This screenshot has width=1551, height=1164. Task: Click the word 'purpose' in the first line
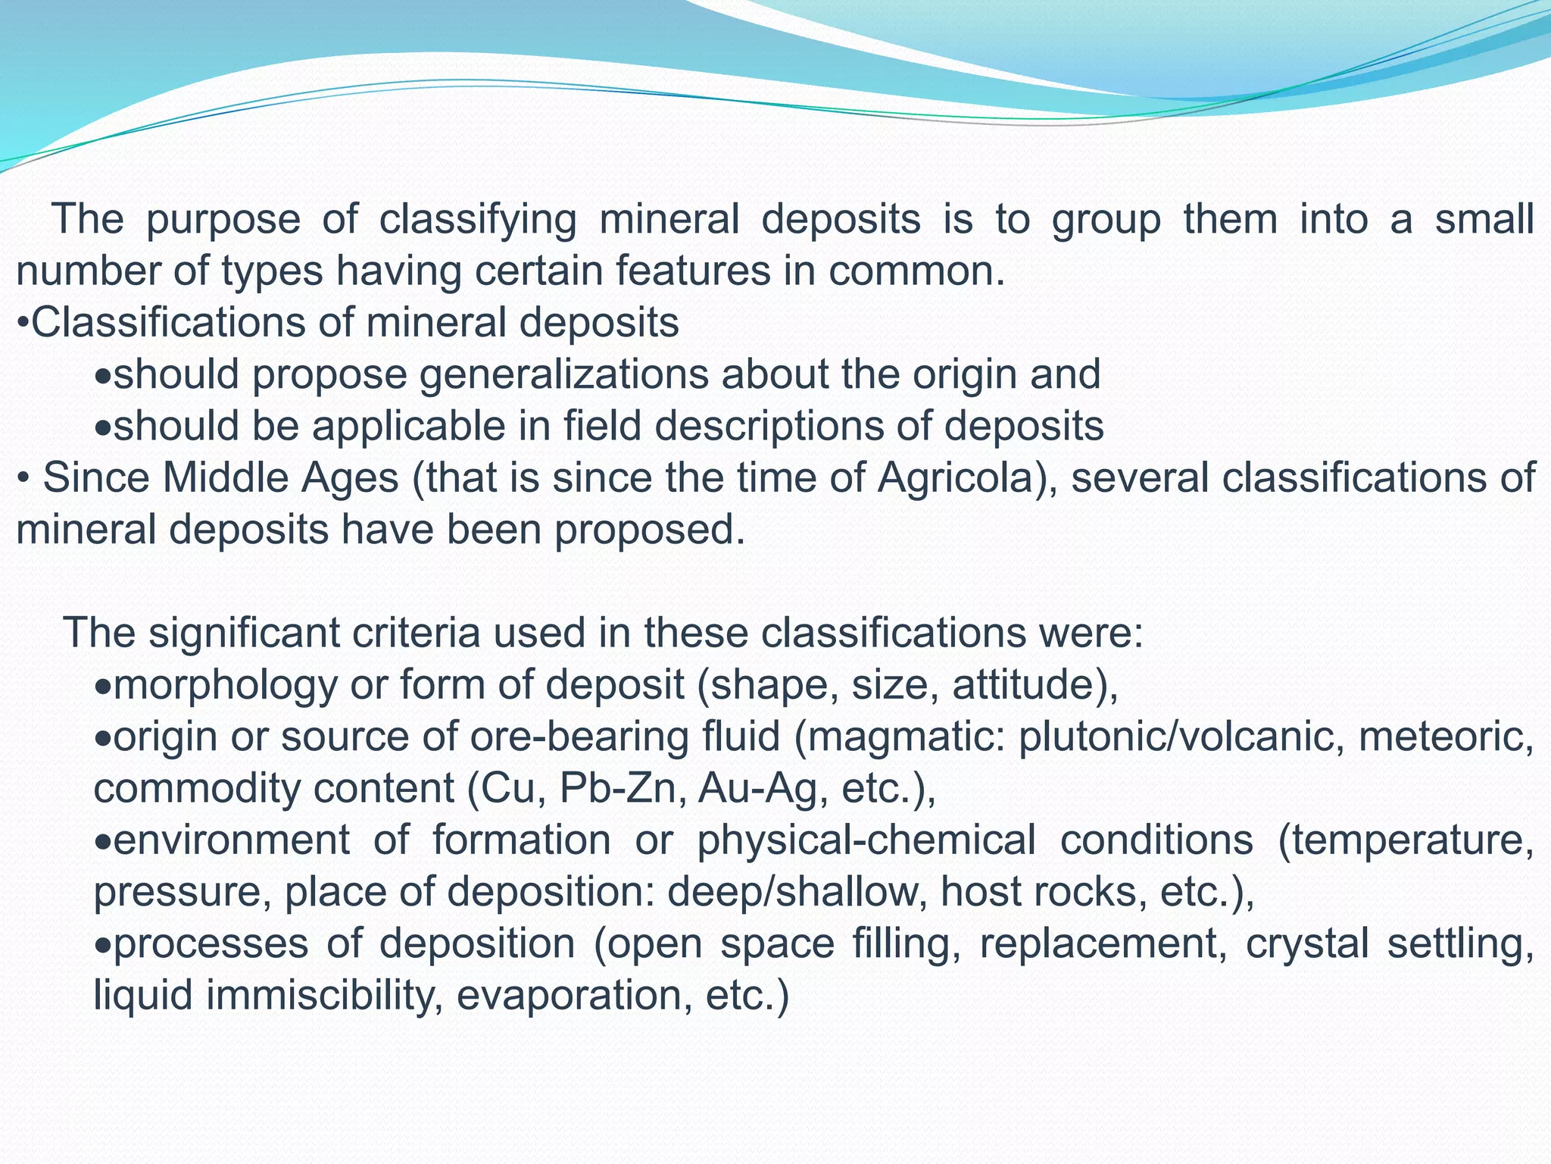[x=223, y=221]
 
